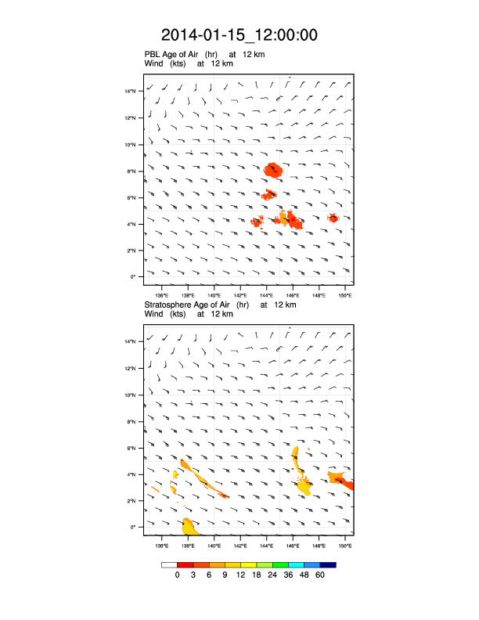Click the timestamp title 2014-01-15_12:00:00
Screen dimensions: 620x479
pos(239,35)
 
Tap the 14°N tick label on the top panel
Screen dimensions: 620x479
pos(131,92)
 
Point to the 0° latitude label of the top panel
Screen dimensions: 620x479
pos(134,276)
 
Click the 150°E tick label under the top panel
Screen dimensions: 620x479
pos(345,295)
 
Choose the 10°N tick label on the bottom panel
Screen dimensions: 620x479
pos(131,395)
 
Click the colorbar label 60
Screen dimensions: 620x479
pos(319,575)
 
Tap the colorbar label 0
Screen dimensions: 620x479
pos(178,575)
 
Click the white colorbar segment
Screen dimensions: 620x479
pos(169,564)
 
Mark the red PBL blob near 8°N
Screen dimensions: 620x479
pos(273,169)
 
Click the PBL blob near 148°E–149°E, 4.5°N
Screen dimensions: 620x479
pos(333,218)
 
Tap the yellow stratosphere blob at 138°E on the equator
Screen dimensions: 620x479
pos(189,526)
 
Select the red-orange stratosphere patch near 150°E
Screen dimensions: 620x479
pos(342,479)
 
